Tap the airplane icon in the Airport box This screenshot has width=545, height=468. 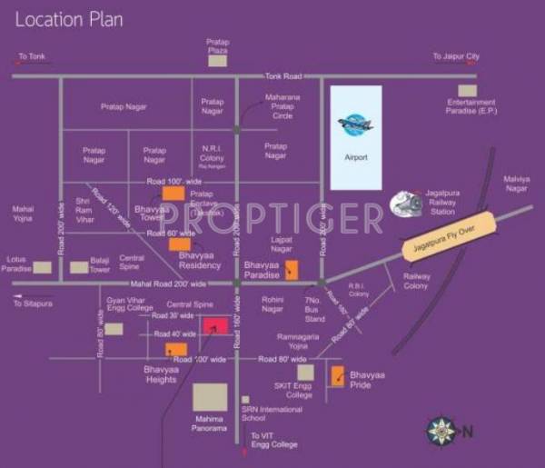355,125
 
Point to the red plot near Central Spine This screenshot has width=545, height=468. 215,324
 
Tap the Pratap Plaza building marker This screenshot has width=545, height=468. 217,60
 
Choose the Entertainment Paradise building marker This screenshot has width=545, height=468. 467,90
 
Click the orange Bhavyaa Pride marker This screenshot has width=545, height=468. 337,376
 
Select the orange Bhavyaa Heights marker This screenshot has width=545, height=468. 175,349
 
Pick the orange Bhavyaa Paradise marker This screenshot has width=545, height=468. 292,269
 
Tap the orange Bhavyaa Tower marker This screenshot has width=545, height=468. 173,192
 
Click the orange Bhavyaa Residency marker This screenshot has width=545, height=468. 180,244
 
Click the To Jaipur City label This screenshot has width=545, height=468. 456,56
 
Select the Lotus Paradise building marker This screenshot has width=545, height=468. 43,267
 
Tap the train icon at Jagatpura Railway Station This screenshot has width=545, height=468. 405,204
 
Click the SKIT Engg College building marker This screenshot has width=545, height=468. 305,372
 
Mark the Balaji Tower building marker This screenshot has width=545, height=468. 79,267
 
